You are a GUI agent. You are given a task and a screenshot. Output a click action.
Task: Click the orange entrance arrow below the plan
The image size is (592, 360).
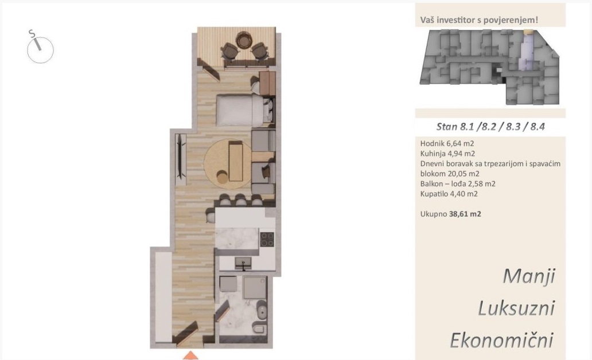[190, 356]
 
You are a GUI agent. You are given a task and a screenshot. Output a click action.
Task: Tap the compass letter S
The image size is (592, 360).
[32, 34]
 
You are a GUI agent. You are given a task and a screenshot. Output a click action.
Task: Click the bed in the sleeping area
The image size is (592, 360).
[239, 110]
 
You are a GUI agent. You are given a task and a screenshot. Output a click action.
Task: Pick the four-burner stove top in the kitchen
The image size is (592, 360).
[267, 238]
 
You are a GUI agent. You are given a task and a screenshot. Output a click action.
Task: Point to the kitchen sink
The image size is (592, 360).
[244, 263]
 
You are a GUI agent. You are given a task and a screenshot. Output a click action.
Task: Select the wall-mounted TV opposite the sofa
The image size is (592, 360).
[181, 156]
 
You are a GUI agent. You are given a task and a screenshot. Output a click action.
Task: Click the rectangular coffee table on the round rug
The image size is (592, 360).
[235, 161]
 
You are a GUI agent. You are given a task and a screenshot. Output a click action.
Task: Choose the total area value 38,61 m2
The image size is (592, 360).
[465, 214]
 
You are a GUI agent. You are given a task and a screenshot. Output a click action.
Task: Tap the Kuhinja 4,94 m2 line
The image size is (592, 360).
[447, 154]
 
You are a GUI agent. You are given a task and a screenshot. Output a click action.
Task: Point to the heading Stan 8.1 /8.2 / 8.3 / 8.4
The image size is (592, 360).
[490, 127]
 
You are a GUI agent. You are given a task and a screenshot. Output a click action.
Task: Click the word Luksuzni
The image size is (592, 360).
[516, 308]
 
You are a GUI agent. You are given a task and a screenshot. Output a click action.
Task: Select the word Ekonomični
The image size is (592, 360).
[502, 339]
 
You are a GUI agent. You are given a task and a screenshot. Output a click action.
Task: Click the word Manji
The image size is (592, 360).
[528, 276]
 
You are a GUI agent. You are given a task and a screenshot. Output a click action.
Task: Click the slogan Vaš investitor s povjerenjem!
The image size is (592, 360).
[479, 20]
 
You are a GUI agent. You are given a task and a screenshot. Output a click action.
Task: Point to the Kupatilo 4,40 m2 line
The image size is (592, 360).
[449, 194]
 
